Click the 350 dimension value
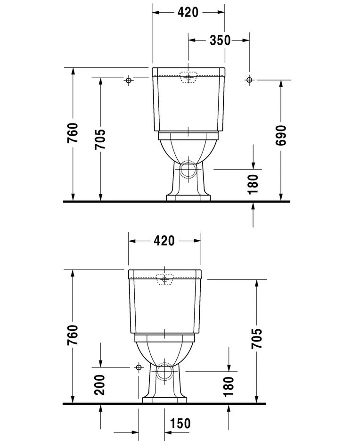tap(220, 41)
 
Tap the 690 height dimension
tap(281, 136)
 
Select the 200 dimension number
tap(99, 384)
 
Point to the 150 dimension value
tap(180, 424)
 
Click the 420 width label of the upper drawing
tap(188, 12)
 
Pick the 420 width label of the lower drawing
tap(164, 241)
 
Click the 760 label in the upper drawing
tap(73, 133)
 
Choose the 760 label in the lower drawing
tap(73, 335)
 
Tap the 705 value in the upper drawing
tap(100, 139)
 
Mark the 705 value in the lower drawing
tap(256, 338)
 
